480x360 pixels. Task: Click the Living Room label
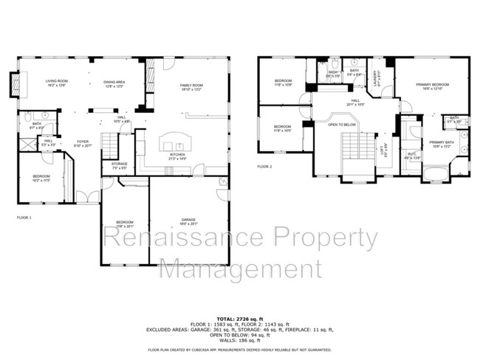56,83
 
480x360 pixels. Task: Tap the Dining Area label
114,83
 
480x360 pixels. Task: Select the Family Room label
191,87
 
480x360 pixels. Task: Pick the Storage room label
120,167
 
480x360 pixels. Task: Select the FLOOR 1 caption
24,218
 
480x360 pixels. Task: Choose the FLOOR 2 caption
264,167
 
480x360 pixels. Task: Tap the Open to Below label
343,125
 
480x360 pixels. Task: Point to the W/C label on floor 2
411,157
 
